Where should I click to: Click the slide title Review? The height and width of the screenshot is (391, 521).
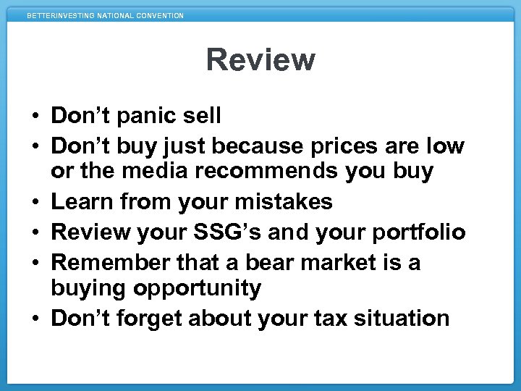[x=260, y=59]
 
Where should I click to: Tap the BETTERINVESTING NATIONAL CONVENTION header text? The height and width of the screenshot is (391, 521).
[x=106, y=15]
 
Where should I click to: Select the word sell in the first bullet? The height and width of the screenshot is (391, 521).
[x=202, y=116]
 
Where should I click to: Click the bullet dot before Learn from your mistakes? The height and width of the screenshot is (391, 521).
[x=35, y=202]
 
